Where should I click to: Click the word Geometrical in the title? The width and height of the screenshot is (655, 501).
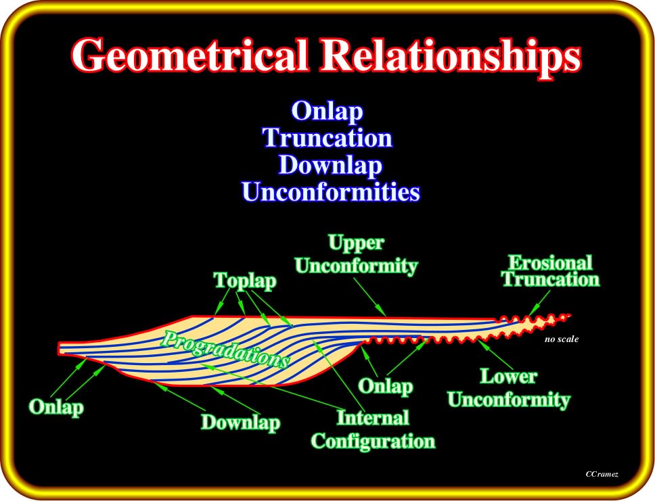[190, 55]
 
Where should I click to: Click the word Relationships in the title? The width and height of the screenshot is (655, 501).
[451, 57]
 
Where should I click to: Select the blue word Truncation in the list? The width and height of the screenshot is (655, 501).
[327, 137]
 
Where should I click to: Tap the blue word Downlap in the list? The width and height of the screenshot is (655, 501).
[330, 165]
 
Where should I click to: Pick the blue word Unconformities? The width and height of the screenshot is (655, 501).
[331, 191]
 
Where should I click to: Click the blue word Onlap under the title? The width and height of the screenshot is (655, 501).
[327, 112]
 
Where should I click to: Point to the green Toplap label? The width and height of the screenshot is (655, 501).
[245, 281]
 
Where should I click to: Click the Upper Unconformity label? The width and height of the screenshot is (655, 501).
[357, 254]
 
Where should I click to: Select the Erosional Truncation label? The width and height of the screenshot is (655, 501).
[551, 271]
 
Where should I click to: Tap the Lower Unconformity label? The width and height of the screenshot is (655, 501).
[509, 388]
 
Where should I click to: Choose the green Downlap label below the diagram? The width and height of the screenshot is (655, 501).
[241, 422]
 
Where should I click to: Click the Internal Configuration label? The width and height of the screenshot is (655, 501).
[373, 429]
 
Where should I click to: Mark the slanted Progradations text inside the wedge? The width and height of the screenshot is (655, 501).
[225, 350]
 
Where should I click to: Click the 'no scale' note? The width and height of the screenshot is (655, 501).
[562, 339]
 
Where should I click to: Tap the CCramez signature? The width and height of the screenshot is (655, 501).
[602, 474]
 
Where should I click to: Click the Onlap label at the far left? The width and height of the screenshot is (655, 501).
[56, 407]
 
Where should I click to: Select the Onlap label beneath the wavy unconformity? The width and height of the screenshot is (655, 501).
[386, 386]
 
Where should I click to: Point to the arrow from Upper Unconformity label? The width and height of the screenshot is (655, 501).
[369, 297]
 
